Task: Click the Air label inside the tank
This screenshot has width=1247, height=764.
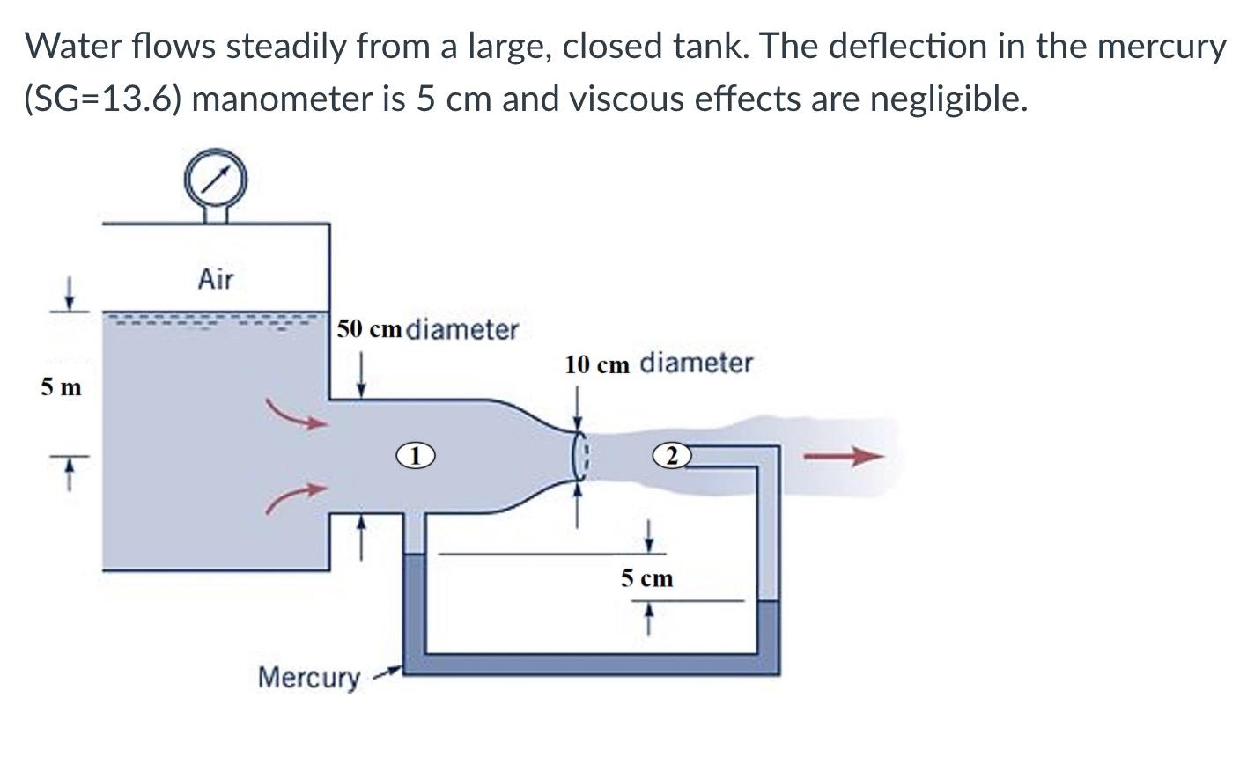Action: pyautogui.click(x=216, y=280)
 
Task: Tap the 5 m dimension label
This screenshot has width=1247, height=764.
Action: pyautogui.click(x=61, y=386)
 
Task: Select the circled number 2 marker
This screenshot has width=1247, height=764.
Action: pyautogui.click(x=671, y=455)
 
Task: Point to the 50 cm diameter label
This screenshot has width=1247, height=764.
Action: pyautogui.click(x=428, y=330)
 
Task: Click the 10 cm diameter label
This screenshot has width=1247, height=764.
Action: pyautogui.click(x=659, y=364)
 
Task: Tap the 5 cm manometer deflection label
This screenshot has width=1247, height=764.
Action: pyautogui.click(x=646, y=578)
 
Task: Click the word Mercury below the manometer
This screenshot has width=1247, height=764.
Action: pyautogui.click(x=308, y=678)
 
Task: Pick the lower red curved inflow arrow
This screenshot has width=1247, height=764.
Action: pyautogui.click(x=297, y=498)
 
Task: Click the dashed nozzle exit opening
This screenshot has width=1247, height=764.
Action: pyautogui.click(x=579, y=455)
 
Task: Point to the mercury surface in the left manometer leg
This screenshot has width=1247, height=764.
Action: pyautogui.click(x=413, y=555)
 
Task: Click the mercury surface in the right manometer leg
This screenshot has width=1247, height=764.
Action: pyautogui.click(x=768, y=602)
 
